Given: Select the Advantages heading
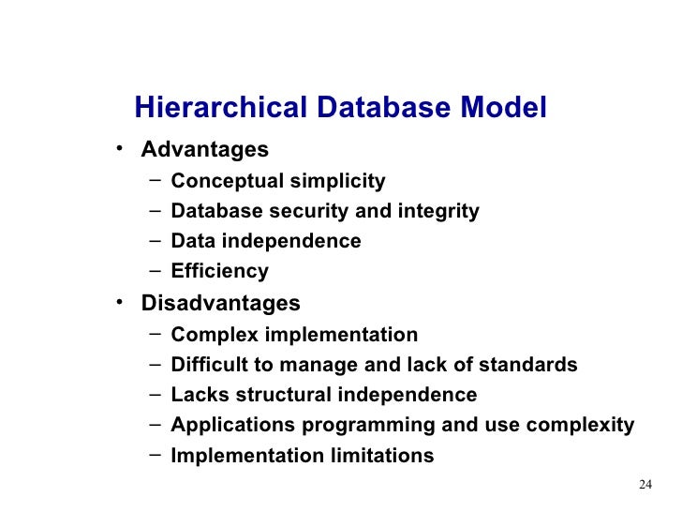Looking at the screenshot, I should tap(204, 150).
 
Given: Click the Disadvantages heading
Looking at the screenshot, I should tap(220, 304).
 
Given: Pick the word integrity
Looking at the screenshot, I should tap(437, 212).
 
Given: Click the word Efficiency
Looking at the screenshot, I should tap(220, 273).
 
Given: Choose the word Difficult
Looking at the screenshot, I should tap(211, 365).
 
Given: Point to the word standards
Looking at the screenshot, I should tap(531, 365).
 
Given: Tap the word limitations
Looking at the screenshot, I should tap(382, 457).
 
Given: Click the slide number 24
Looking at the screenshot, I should tap(644, 485).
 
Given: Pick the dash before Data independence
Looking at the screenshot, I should tap(154, 241).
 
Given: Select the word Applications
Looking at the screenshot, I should tap(233, 426).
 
